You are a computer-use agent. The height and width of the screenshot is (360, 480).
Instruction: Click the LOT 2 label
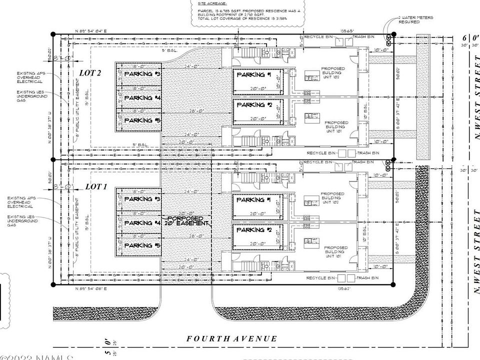[90, 73]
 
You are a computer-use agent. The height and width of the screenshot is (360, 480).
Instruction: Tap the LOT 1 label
[96, 186]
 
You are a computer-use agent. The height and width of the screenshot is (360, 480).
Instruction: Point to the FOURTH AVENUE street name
[231, 339]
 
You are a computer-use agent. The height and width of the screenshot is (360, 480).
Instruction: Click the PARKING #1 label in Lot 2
[254, 75]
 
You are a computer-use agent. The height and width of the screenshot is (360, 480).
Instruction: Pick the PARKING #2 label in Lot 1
[254, 230]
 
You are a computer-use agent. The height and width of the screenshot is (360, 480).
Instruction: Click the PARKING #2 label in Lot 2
[254, 105]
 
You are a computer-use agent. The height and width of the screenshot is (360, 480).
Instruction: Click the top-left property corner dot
[53, 34]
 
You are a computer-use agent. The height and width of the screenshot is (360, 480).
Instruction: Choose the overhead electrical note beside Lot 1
[20, 202]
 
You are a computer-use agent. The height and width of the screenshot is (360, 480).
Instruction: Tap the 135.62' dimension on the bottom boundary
[344, 289]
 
